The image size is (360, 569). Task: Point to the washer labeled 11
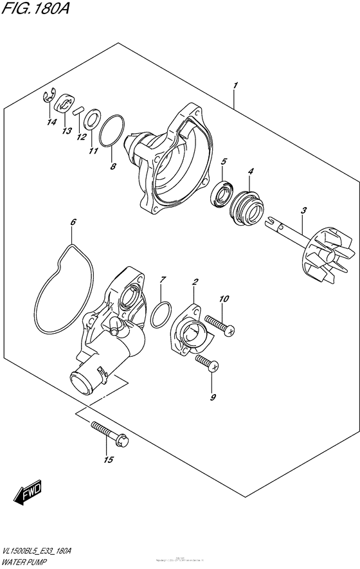92,119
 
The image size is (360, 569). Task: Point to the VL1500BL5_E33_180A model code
37,551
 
